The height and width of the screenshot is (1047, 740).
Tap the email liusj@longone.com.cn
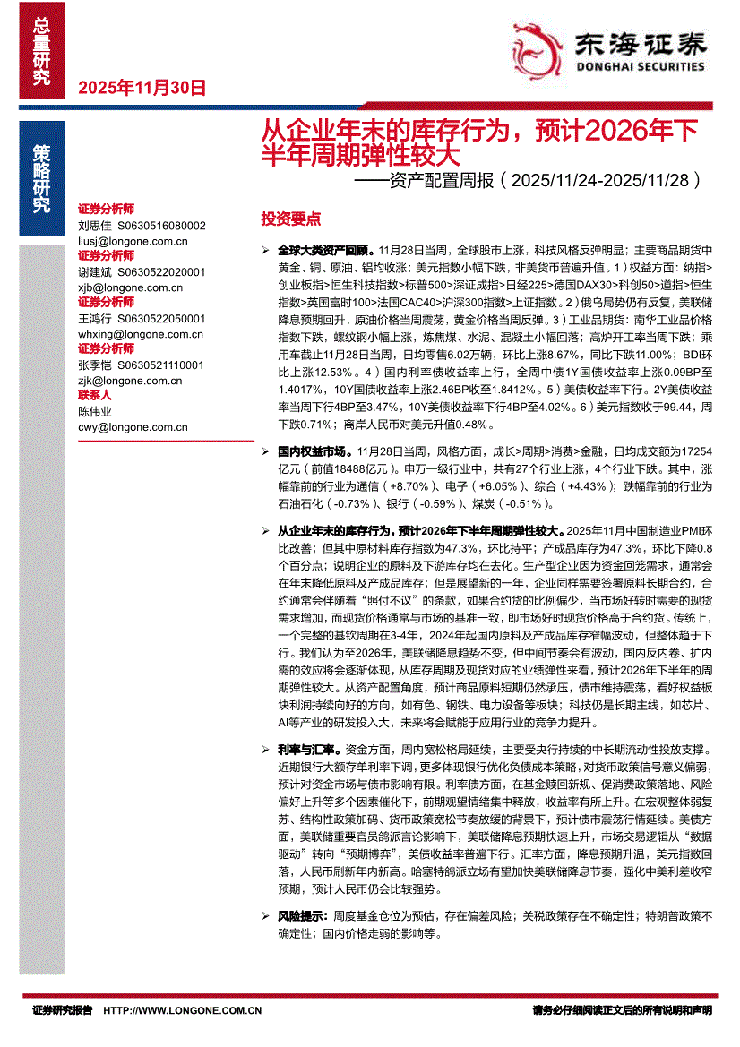(x=133, y=241)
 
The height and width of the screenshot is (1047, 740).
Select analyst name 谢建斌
(x=96, y=272)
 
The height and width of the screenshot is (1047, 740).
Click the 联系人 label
(x=95, y=395)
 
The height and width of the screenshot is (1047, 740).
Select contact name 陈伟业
(x=96, y=411)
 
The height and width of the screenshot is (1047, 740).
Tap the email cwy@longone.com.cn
(x=133, y=427)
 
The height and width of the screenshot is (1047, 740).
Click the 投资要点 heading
(x=290, y=219)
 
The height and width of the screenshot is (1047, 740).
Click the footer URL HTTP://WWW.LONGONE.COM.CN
(x=183, y=1010)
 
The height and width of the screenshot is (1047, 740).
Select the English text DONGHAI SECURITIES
(x=640, y=65)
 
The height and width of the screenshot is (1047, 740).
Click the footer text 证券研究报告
(x=62, y=1010)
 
